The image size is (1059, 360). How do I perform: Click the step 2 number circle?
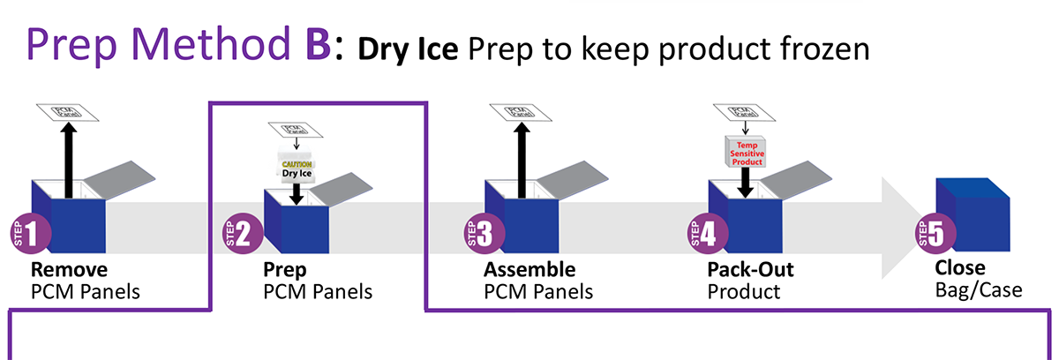240,234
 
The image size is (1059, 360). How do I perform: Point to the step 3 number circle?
481,234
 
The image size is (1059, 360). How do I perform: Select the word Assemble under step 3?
529,269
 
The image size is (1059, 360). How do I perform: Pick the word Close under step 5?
960,268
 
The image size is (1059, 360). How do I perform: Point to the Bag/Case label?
978,289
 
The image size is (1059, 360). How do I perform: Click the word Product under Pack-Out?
743,290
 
